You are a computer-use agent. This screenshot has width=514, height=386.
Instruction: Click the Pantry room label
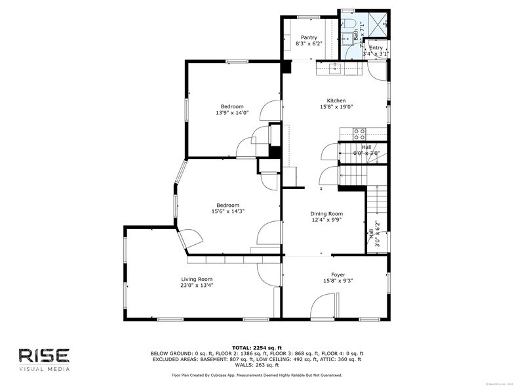tap(309, 37)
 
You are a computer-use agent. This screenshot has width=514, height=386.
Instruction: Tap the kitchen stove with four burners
tap(359, 133)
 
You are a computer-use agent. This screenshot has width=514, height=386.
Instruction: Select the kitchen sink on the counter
tap(335, 66)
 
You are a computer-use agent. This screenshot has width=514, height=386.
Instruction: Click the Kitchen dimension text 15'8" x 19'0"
tap(336, 107)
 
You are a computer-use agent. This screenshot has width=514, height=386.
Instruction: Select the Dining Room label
tap(326, 213)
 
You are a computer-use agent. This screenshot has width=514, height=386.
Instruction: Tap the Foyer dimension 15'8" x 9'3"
tap(338, 281)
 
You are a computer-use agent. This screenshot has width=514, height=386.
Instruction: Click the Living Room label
tap(197, 279)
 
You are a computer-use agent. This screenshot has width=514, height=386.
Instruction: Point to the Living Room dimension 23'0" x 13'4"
tap(197, 286)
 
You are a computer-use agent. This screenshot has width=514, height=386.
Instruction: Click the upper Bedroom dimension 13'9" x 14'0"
tap(232, 113)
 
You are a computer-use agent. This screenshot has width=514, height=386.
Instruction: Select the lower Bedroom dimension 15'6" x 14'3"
tap(228, 211)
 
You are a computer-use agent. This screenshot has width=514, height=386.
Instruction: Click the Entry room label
tap(376, 48)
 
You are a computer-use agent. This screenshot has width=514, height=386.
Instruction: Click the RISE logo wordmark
tap(43, 355)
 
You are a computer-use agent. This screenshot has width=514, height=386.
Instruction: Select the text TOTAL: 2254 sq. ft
tap(256, 347)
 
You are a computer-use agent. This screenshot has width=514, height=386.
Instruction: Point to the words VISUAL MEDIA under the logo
tap(43, 369)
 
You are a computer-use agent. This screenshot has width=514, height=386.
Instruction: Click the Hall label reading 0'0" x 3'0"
tap(366, 153)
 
